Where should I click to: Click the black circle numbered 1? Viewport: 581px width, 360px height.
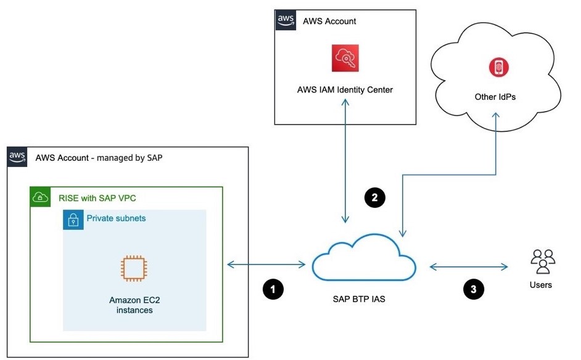coord(273,289)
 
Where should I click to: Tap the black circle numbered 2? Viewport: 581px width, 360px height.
coord(375,197)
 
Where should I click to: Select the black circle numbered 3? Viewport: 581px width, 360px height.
coord(474,289)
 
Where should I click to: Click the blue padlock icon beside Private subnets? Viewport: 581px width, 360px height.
coord(73,220)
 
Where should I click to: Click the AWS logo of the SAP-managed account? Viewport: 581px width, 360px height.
coord(17,157)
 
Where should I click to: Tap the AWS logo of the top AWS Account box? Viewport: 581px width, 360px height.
coord(286,20)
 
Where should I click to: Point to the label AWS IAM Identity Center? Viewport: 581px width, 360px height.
coord(345,90)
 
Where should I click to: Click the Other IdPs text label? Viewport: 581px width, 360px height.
coord(495,97)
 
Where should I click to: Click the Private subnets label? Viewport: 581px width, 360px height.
coord(117,219)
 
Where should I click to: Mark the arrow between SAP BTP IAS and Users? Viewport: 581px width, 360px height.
coord(468,267)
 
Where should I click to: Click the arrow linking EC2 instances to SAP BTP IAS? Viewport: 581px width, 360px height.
coord(266,265)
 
